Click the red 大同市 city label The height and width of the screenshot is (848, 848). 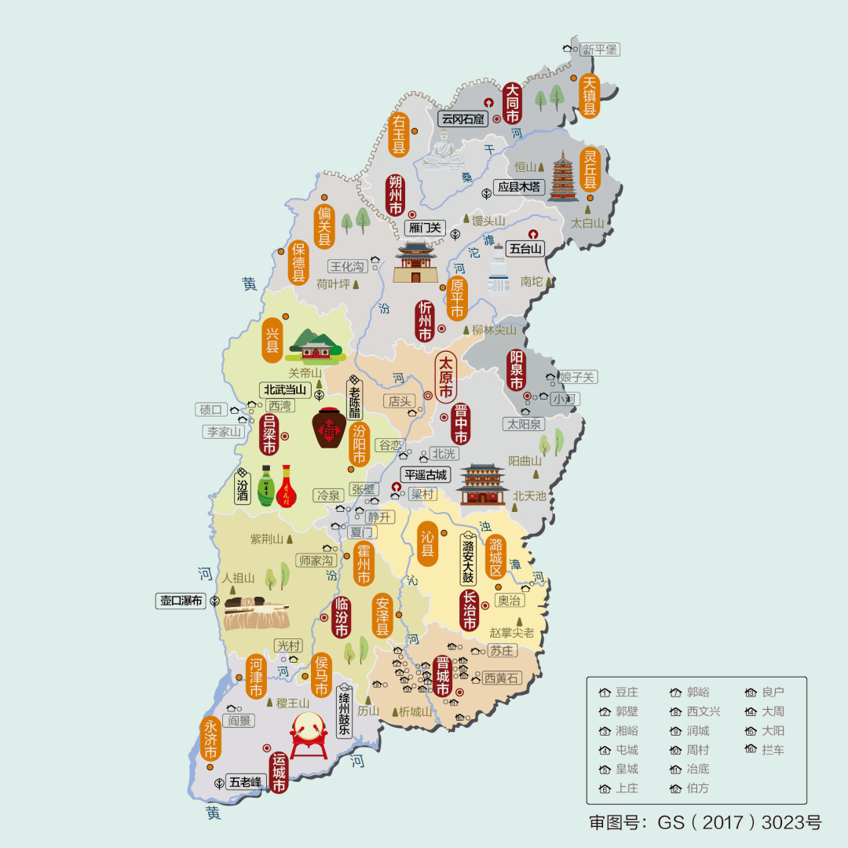coord(512,102)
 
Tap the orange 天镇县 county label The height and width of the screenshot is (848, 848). coord(590,96)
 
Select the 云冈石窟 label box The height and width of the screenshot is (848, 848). coord(463,119)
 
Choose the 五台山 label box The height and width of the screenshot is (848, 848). coord(525,249)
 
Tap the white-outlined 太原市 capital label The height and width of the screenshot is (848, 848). coord(446,377)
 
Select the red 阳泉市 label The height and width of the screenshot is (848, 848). coord(516,370)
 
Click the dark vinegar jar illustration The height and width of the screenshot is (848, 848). coord(331,429)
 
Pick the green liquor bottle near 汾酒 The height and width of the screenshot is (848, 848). coord(266,485)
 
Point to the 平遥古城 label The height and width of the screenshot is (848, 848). coord(424,475)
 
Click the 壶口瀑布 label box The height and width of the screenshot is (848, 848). coord(181,601)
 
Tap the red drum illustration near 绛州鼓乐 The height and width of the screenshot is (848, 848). coord(309,735)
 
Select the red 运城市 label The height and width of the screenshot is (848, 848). coord(279,773)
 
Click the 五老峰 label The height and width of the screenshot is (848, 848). coord(245,781)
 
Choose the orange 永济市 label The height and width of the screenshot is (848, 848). coord(210,737)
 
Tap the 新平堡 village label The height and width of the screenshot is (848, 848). coord(600,49)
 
